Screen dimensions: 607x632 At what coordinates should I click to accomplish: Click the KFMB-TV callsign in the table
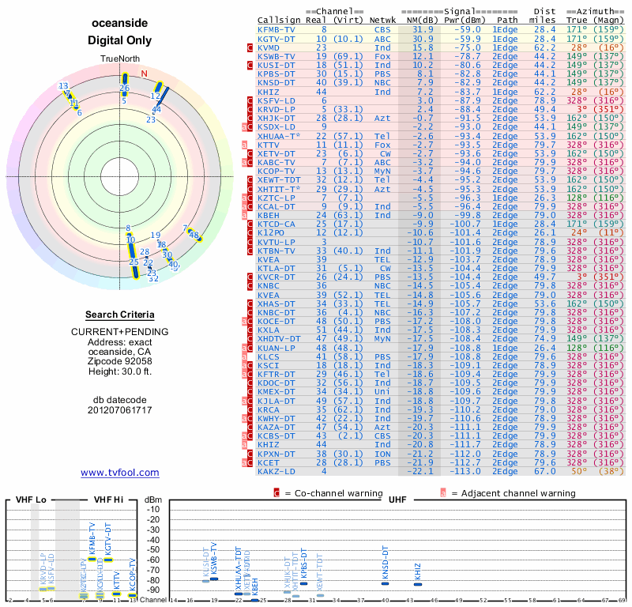276,29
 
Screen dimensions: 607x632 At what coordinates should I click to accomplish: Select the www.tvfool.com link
119,473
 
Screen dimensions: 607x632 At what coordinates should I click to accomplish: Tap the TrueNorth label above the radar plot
119,59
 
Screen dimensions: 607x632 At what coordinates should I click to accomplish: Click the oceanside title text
119,23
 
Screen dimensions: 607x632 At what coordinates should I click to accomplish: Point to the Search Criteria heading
119,315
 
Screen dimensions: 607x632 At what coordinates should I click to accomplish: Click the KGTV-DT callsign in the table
276,38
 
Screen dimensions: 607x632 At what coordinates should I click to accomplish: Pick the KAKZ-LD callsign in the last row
276,471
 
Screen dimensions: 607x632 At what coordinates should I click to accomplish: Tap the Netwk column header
384,21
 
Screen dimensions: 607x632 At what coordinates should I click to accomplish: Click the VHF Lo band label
31,500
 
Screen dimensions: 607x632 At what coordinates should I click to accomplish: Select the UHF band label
398,500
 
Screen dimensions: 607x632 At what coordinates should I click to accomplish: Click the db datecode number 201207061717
119,410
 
